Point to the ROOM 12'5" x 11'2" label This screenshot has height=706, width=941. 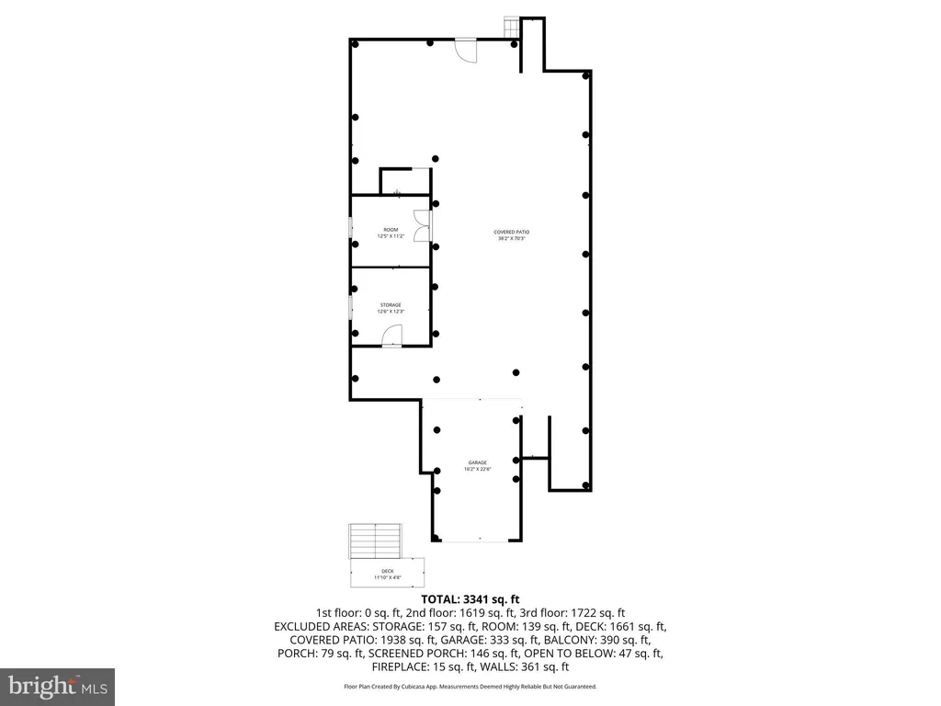391,233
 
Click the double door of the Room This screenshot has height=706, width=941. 422,226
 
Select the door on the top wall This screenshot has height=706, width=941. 467,49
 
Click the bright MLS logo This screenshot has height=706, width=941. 57,686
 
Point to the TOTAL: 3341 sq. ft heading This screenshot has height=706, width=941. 470,599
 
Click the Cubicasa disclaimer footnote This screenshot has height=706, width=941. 470,687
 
